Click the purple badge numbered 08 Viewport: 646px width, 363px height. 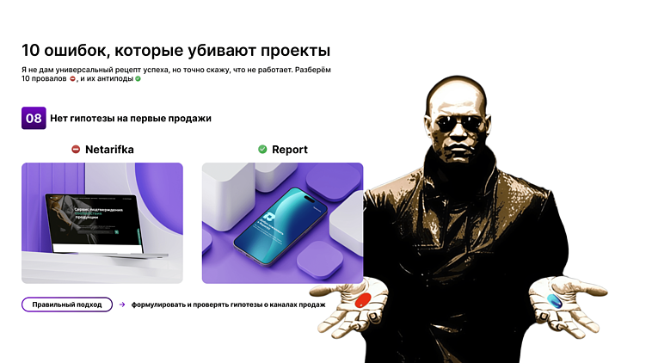34,118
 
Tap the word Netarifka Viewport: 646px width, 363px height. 109,150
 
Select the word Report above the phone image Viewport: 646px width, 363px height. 290,150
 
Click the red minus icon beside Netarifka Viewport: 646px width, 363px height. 76,150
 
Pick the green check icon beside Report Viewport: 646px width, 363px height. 262,150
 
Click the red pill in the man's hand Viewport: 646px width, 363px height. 362,300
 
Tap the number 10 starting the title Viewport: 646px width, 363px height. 32,51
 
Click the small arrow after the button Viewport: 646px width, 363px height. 122,305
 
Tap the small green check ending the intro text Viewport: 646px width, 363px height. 138,78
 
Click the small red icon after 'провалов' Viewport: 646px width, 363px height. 73,78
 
